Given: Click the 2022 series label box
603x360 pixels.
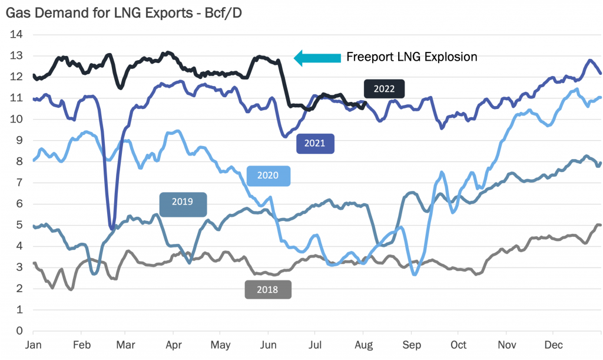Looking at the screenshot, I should pos(385,88).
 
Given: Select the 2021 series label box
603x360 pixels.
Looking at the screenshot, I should pos(315,143).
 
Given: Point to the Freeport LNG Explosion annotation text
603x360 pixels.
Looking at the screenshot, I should pos(411,57).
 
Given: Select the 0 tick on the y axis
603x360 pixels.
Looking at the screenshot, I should pos(19,331).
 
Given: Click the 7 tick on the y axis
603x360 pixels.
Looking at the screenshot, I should pos(19,183).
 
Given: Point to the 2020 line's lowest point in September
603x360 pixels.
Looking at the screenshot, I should pos(415,274).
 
